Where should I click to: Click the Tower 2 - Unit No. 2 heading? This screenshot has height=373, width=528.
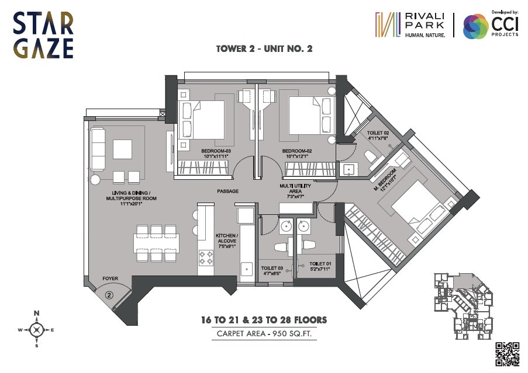[264, 49]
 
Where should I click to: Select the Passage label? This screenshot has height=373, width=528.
[227, 191]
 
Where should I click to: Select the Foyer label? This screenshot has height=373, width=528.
[111, 279]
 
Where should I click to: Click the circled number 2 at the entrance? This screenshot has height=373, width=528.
[109, 295]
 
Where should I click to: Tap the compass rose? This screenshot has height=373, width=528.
[36, 330]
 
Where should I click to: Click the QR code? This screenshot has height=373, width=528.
[508, 353]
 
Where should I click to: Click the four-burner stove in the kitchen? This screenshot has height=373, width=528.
[206, 257]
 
